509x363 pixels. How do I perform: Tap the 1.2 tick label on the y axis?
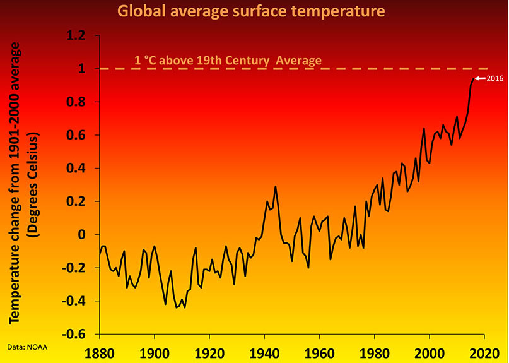point(79,36)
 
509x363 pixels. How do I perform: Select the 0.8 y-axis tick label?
point(79,102)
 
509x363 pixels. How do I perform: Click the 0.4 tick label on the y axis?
point(79,169)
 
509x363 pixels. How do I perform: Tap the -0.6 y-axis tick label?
point(76,334)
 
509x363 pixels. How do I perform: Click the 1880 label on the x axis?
point(99,351)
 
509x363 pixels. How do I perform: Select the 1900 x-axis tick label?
point(155,351)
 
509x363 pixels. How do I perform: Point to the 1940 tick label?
point(265,351)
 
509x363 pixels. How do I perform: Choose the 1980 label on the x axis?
point(375,351)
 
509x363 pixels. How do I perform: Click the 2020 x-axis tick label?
point(484,351)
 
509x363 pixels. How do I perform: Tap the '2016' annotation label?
point(493,78)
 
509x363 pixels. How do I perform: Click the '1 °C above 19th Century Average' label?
point(228,61)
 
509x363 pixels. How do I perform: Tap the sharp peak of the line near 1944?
point(276,187)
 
